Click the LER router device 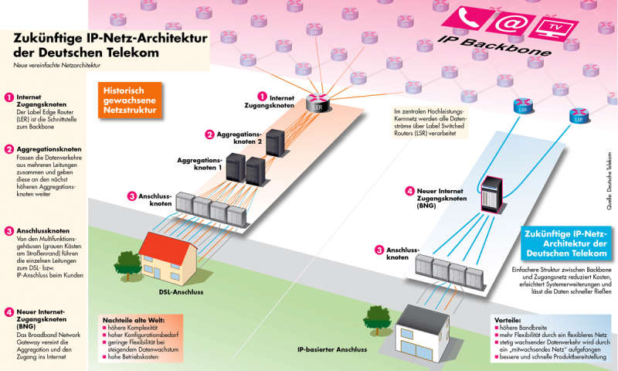317,100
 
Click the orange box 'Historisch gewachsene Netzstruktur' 131,100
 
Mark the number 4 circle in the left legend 8,313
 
